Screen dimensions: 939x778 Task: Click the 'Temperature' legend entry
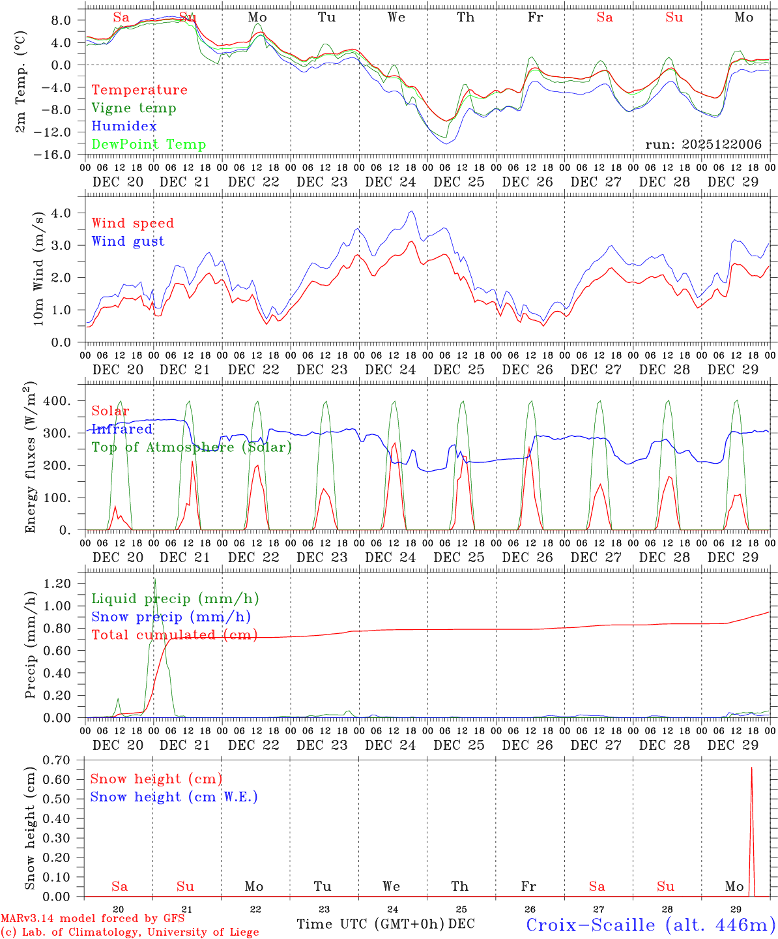pyautogui.click(x=139, y=90)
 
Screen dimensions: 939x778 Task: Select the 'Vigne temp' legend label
pyautogui.click(x=134, y=108)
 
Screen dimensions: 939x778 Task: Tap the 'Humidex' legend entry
pyautogui.click(x=124, y=127)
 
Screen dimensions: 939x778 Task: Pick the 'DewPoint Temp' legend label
pyautogui.click(x=149, y=145)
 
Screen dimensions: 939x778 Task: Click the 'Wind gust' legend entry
pyautogui.click(x=128, y=241)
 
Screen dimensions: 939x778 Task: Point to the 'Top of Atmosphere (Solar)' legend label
pyautogui.click(x=192, y=447)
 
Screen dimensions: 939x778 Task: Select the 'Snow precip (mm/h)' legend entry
pyautogui.click(x=171, y=617)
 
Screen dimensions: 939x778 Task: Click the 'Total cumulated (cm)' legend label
pyautogui.click(x=175, y=635)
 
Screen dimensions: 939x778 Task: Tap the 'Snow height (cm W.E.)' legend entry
pyautogui.click(x=174, y=797)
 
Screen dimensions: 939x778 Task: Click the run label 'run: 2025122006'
pyautogui.click(x=703, y=145)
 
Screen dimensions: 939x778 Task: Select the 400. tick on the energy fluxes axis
pyautogui.click(x=57, y=401)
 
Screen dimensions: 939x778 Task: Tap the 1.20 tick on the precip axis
pyautogui.click(x=57, y=584)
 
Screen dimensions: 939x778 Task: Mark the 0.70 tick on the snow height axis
pyautogui.click(x=57, y=760)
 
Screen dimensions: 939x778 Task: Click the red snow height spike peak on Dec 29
pyautogui.click(x=751, y=768)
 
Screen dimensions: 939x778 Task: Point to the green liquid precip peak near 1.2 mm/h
pyautogui.click(x=154, y=579)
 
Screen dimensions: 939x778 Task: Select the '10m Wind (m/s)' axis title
pyautogui.click(x=38, y=267)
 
